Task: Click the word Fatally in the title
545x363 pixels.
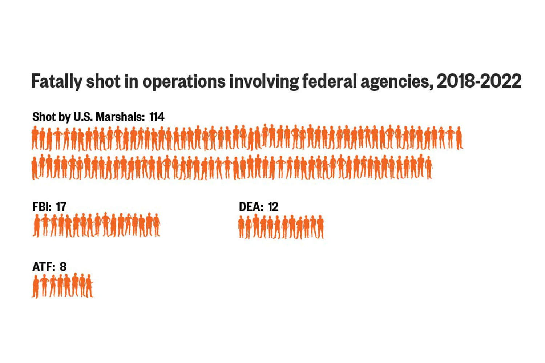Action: [x=56, y=81]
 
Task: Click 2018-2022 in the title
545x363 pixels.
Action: [x=479, y=81]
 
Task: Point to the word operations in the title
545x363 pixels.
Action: [x=184, y=81]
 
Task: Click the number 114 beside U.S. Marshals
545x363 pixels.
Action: [x=157, y=117]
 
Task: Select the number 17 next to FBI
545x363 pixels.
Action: [x=61, y=207]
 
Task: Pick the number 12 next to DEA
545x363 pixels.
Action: [x=273, y=207]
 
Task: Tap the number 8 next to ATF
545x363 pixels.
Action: [x=63, y=267]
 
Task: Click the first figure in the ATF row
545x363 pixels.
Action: [x=36, y=286]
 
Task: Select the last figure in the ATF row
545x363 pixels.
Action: [x=89, y=286]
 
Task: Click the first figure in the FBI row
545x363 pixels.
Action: [x=36, y=226]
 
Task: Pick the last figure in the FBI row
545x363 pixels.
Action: [x=156, y=225]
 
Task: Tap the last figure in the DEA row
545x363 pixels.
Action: [x=320, y=227]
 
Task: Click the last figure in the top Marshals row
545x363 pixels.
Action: [x=459, y=138]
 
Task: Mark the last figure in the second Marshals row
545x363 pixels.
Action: [x=429, y=168]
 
